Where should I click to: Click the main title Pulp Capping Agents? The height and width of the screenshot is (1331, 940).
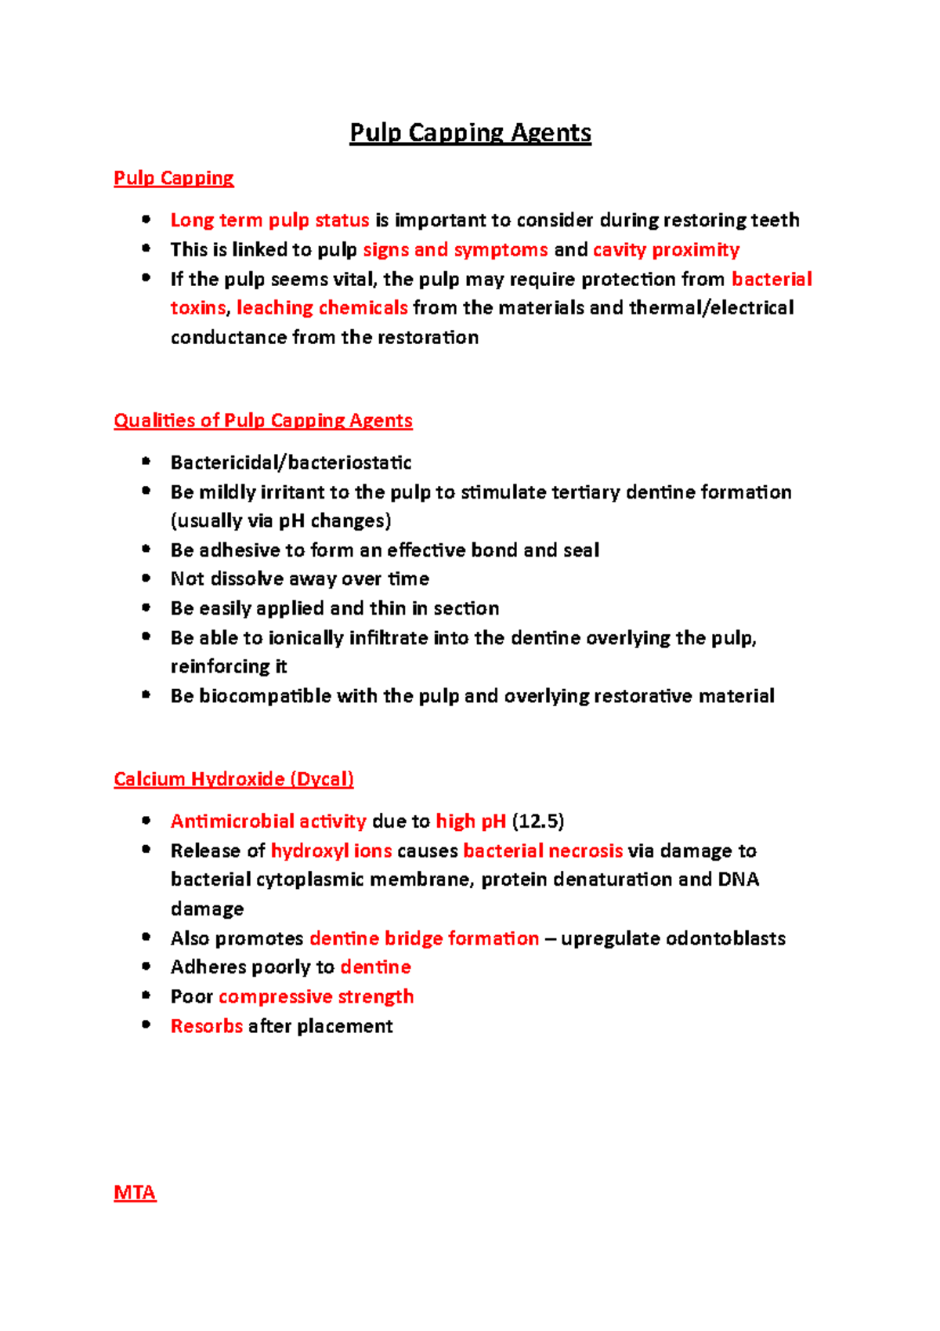(x=470, y=132)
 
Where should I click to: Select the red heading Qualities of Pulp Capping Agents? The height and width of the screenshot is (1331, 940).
(x=262, y=421)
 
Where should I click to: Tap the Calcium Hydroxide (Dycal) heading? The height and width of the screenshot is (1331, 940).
(x=233, y=779)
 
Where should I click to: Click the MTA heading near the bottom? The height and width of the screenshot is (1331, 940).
(x=135, y=1193)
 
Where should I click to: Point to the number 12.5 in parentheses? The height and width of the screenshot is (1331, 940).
(x=538, y=821)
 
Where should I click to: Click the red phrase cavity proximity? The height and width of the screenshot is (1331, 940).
(x=666, y=250)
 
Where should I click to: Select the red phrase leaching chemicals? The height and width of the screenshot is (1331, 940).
(x=322, y=308)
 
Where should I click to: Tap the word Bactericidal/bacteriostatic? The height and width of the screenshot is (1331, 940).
(x=291, y=462)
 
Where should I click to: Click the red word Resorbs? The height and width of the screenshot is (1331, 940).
(x=207, y=1026)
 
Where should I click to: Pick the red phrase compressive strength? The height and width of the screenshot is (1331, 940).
(x=316, y=996)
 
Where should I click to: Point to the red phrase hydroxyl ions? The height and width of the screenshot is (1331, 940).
(x=331, y=851)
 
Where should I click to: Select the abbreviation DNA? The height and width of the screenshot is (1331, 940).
(x=738, y=879)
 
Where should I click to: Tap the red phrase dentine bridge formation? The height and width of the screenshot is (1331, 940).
(x=424, y=938)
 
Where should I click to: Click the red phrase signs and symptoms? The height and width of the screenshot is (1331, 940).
(x=455, y=250)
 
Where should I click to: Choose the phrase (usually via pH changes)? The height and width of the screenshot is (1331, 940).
(x=280, y=521)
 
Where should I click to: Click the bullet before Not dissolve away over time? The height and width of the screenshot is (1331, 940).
(x=146, y=578)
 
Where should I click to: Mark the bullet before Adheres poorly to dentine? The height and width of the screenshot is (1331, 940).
(x=146, y=967)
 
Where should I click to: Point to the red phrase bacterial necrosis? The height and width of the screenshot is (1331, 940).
(x=543, y=851)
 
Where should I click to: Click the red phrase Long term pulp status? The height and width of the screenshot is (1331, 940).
(x=269, y=220)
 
